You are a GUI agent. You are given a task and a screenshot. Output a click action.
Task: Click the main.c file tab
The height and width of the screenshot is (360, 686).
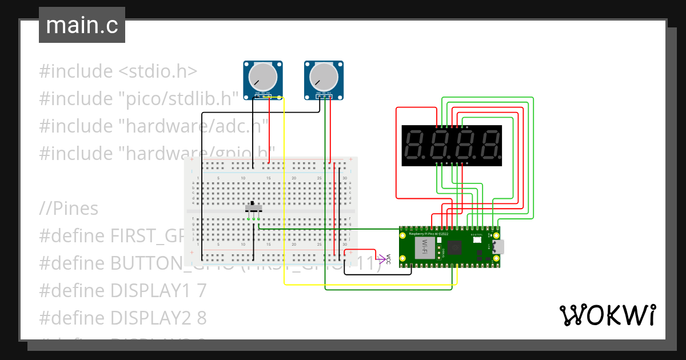[x=82, y=26]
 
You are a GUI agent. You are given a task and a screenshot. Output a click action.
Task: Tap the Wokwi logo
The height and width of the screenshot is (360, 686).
[x=607, y=315]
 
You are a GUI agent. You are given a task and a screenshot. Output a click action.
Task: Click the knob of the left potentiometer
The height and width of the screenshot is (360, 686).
[x=264, y=76]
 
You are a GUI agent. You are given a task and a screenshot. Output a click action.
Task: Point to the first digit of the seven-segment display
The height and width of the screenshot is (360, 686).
[x=414, y=146]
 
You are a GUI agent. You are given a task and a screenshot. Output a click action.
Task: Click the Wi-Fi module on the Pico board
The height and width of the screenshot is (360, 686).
[x=425, y=247]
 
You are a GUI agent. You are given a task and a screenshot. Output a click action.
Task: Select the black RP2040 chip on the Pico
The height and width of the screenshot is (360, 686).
[x=456, y=247]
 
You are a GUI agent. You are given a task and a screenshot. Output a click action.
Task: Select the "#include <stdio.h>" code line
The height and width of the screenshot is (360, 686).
[x=118, y=71]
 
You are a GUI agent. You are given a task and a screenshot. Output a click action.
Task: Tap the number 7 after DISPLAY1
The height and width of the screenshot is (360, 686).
[x=201, y=290]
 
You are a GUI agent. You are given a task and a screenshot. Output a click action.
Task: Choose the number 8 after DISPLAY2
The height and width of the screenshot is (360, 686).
[x=202, y=318]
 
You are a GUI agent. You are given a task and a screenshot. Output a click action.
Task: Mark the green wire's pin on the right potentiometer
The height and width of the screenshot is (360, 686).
[x=325, y=98]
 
